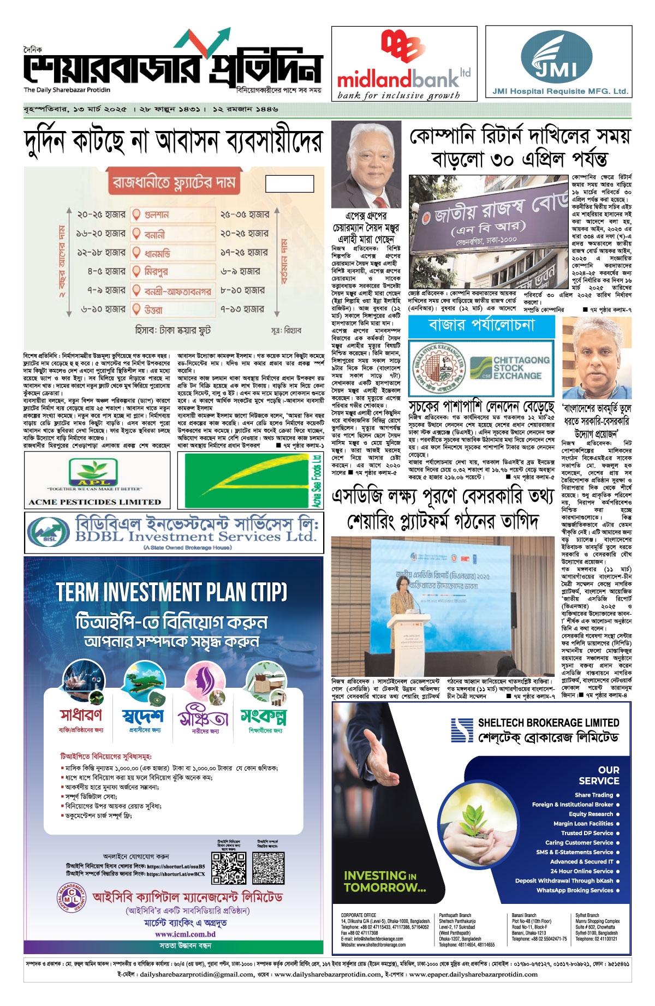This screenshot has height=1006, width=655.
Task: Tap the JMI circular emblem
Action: pyautogui.click(x=556, y=57)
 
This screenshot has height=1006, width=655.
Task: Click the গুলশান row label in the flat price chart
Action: pyautogui.click(x=157, y=215)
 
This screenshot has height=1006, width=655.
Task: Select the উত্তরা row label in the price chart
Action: pyautogui.click(x=153, y=309)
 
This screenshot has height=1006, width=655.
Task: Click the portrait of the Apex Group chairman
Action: pyautogui.click(x=366, y=164)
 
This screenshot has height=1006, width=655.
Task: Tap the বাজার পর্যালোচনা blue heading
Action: pyautogui.click(x=481, y=326)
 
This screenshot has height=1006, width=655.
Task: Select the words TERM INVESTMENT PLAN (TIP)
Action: pyautogui.click(x=171, y=592)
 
